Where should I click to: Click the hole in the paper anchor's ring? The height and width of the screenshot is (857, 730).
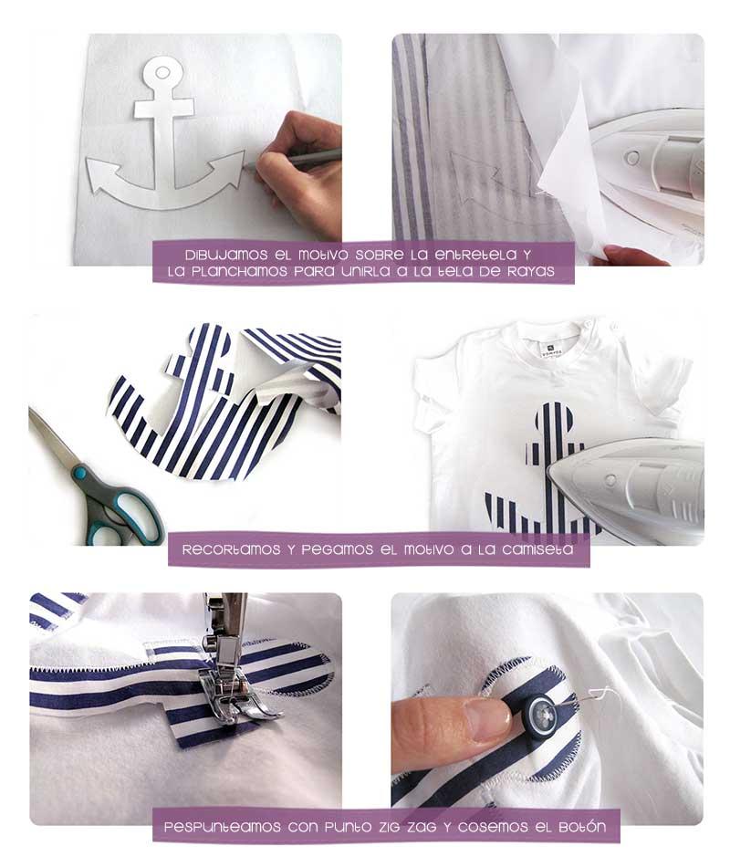pos(162,72)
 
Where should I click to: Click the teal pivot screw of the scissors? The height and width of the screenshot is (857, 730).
pos(79,471)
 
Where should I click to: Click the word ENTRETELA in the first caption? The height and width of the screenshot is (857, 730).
pos(475,255)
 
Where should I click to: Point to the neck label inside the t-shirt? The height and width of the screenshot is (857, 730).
pos(551,348)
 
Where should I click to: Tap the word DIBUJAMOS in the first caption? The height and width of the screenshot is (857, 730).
pos(226,255)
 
